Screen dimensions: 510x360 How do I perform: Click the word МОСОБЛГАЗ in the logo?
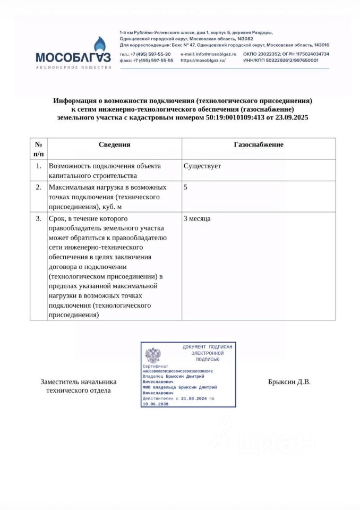[73, 57]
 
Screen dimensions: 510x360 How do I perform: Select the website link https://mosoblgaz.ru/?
[203, 61]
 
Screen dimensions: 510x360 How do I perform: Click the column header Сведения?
[114, 144]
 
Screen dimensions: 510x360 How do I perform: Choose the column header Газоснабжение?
[258, 144]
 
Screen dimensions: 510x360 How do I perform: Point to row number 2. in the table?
[38, 188]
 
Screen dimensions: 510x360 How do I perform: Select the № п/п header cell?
[38, 149]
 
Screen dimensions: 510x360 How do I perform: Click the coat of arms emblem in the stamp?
[153, 354]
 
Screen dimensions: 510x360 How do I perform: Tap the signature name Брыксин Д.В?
[289, 382]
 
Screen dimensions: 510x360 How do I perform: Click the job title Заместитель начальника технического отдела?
[79, 386]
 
